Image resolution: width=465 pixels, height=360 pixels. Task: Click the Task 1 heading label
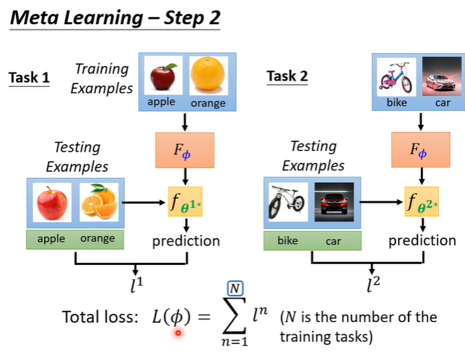[29, 77]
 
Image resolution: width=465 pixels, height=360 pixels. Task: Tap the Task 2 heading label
[287, 76]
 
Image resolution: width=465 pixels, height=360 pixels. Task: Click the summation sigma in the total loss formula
[235, 317]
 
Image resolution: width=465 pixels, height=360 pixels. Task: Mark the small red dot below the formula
[178, 333]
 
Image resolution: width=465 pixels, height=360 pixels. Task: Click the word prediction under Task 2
[422, 241]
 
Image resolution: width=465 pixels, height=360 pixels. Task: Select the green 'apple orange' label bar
[75, 239]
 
